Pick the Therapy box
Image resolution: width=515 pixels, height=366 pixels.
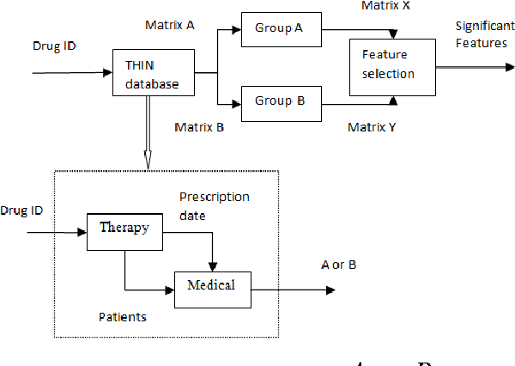click(x=124, y=228)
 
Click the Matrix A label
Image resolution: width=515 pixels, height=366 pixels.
click(x=170, y=26)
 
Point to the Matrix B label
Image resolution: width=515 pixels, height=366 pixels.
click(x=199, y=127)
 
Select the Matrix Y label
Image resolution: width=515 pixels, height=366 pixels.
click(x=373, y=127)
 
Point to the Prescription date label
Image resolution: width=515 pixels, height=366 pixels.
click(x=214, y=206)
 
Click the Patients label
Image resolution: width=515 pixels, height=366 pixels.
click(x=123, y=317)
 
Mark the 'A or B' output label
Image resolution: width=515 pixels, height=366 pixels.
click(x=338, y=265)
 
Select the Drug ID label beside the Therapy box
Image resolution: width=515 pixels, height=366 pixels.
click(x=21, y=210)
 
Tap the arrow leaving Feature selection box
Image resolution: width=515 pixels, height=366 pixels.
click(x=463, y=64)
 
